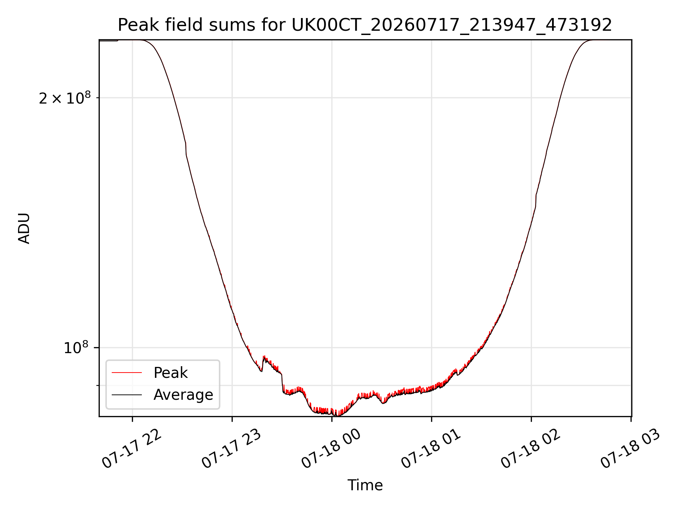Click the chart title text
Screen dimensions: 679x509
[x=365, y=25]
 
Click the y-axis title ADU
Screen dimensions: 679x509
[x=24, y=228]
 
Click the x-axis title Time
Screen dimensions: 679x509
[x=365, y=485]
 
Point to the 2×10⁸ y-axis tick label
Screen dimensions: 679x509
[x=65, y=98]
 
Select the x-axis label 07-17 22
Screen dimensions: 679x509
[x=132, y=449]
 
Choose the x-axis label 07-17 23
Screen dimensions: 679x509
[x=231, y=449]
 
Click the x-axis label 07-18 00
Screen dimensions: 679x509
[x=331, y=449]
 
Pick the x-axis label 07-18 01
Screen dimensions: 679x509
[x=431, y=449]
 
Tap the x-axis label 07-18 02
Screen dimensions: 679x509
[x=530, y=449]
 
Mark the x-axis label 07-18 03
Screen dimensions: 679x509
[x=630, y=449]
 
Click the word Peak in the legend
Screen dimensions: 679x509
[x=170, y=373]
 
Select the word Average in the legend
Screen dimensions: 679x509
[x=183, y=395]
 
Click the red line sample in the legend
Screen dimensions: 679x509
[x=127, y=373]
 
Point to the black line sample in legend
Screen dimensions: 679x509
[x=127, y=395]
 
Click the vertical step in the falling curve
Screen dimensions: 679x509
[x=186, y=149]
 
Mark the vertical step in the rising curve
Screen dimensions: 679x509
[x=536, y=201]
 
